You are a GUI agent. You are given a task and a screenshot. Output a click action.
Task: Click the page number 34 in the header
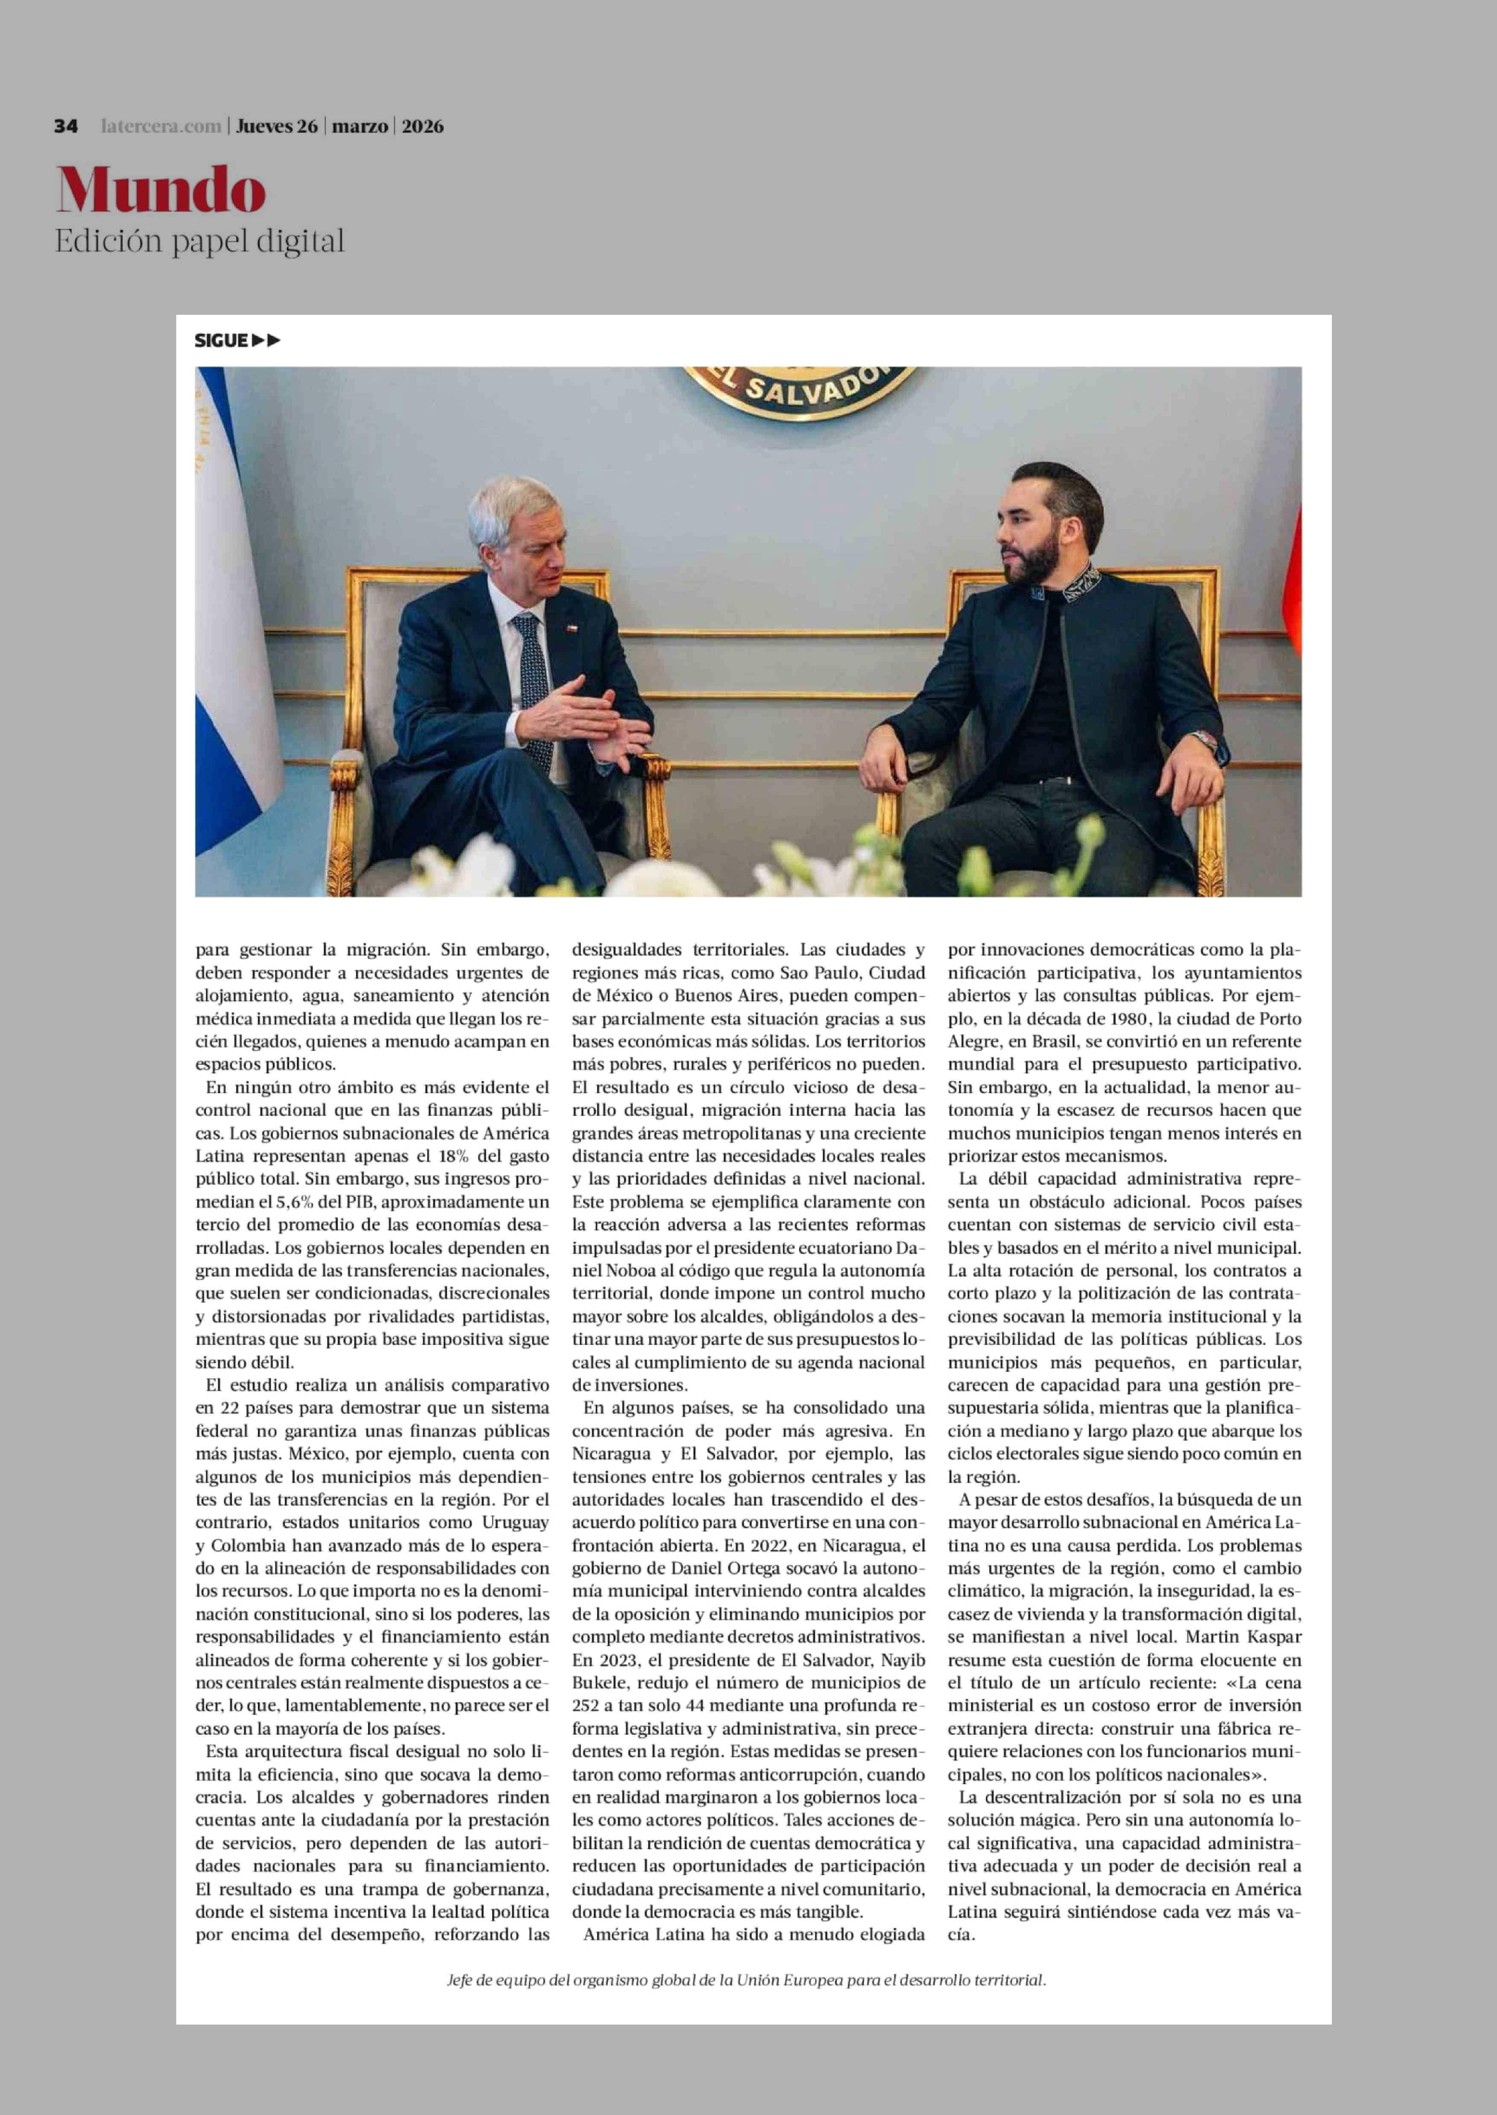point(65,126)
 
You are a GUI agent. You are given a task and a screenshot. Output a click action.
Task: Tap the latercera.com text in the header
point(161,126)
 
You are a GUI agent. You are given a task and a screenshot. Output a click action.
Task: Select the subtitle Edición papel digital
point(199,241)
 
